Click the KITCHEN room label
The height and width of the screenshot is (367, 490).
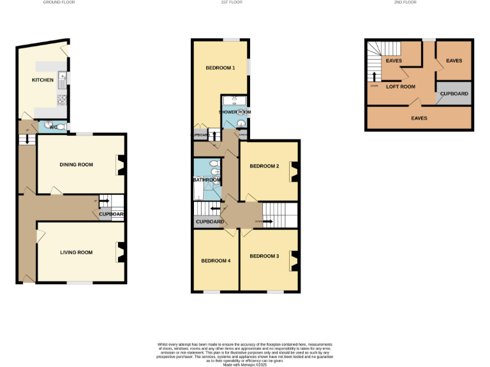[43, 80]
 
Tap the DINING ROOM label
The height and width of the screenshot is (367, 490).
[76, 164]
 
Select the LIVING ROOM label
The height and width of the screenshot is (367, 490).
[76, 252]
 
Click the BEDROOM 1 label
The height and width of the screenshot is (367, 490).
[220, 68]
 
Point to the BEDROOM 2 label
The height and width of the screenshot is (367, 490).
[264, 166]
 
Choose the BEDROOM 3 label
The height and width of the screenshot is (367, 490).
[264, 256]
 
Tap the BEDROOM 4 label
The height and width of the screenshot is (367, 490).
[216, 261]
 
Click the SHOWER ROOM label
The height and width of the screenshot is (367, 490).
[235, 112]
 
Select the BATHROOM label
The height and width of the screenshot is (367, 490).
[207, 180]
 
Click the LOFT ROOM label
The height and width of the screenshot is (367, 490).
[401, 87]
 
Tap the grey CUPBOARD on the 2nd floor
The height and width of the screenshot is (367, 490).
[454, 94]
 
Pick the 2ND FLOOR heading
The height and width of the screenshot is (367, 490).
[406, 3]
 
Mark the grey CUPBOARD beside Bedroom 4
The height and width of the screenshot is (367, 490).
[209, 222]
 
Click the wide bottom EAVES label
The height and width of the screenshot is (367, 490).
[419, 118]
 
